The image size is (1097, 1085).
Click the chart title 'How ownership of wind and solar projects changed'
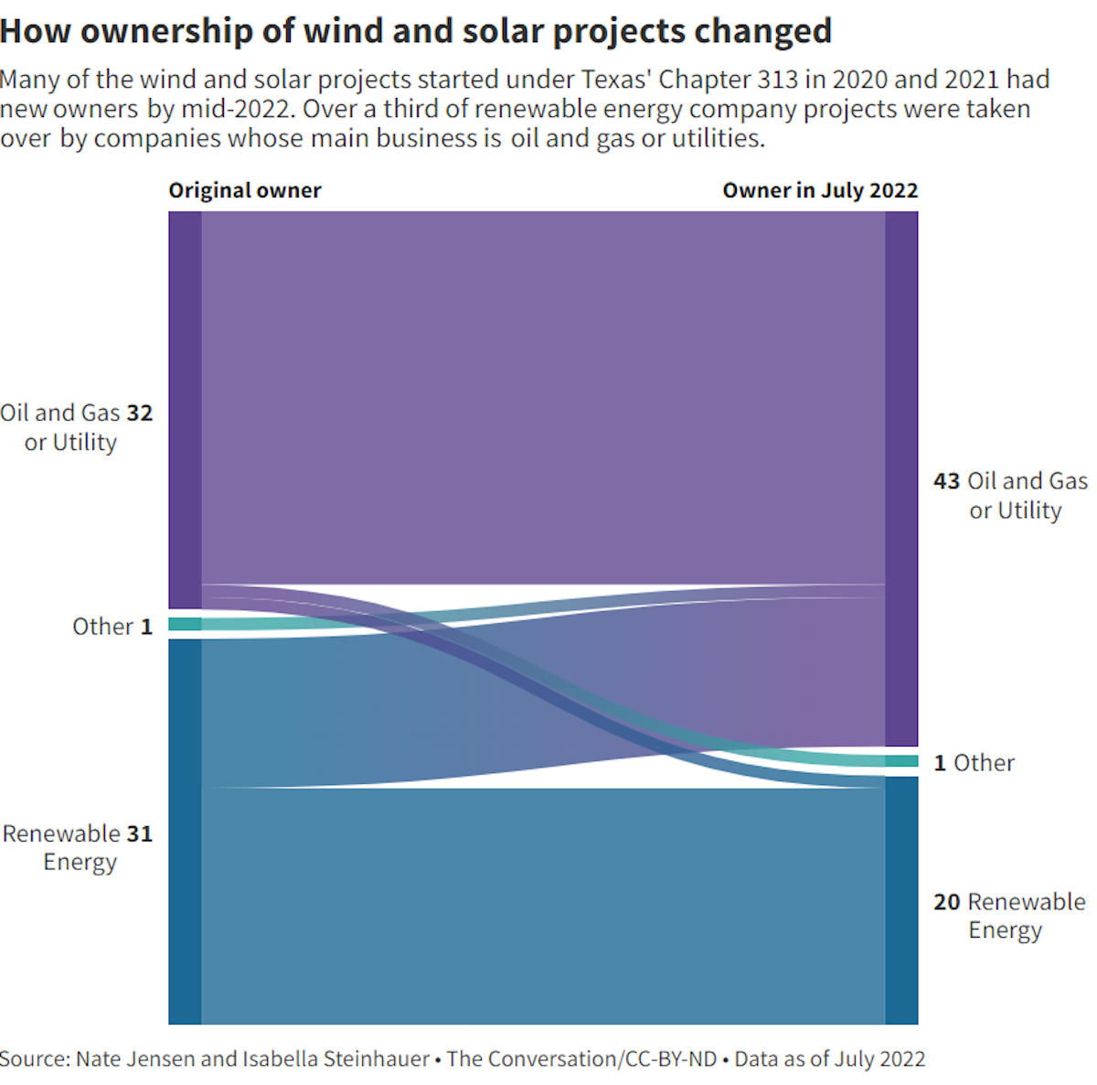(416, 31)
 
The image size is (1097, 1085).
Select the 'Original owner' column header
(244, 190)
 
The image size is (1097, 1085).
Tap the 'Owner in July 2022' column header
(820, 190)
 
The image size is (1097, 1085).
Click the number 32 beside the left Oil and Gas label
(140, 413)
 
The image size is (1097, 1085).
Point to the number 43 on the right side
(947, 481)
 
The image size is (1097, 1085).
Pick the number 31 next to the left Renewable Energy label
(140, 833)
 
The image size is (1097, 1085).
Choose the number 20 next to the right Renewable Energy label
(947, 902)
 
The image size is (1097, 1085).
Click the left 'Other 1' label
(112, 627)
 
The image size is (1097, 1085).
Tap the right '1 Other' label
(975, 763)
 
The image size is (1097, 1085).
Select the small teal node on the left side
(185, 624)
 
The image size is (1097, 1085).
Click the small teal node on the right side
(901, 761)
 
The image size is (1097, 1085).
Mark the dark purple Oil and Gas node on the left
(185, 410)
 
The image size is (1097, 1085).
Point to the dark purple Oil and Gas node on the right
(901, 478)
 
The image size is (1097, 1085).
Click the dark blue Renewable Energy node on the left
(185, 831)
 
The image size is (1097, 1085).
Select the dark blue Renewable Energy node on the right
(901, 900)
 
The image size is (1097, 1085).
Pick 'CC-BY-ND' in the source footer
(670, 1058)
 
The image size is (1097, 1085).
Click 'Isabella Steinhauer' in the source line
(335, 1058)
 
